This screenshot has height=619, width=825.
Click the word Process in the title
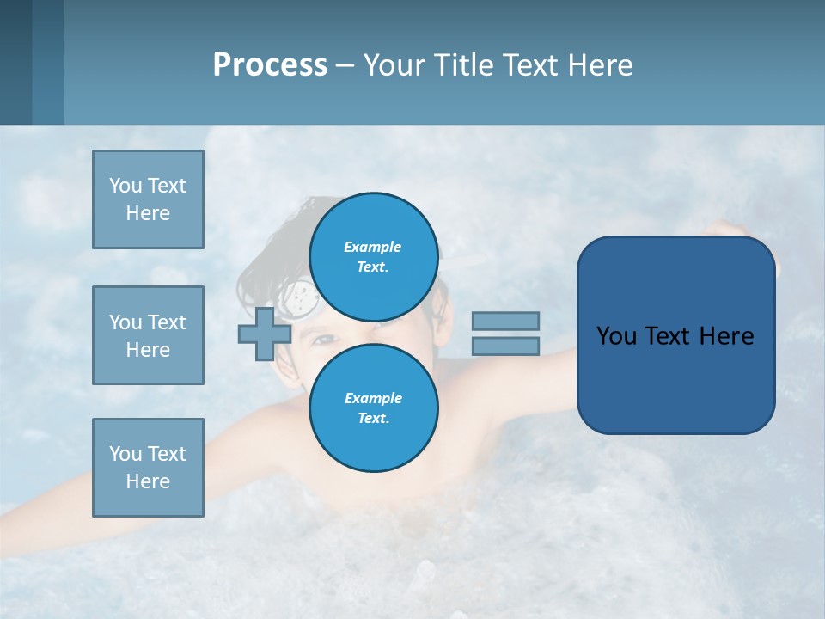(270, 65)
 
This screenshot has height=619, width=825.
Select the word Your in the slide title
(394, 65)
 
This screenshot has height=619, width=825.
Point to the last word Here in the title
(598, 65)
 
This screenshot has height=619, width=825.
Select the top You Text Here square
(148, 199)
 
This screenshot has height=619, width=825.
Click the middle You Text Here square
(148, 335)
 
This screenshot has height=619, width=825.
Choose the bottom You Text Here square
(148, 468)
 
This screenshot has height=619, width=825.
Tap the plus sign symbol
(265, 334)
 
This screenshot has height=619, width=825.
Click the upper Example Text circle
(374, 256)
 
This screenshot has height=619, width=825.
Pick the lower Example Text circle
(374, 408)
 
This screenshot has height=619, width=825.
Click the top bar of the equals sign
(505, 321)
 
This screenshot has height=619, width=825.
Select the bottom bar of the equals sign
(505, 346)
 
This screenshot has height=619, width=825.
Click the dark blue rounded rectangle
(675, 335)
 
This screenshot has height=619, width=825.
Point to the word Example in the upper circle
(373, 247)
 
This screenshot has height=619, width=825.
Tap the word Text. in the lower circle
(373, 418)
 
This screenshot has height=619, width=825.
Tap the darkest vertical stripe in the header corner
(15, 62)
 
